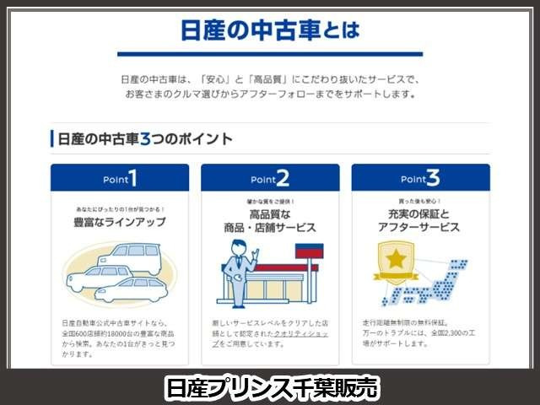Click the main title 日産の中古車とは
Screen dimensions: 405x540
point(270,32)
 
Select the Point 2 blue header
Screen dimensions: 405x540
point(270,179)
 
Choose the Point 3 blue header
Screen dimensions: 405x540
point(420,179)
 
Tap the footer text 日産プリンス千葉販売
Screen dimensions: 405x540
point(270,387)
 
